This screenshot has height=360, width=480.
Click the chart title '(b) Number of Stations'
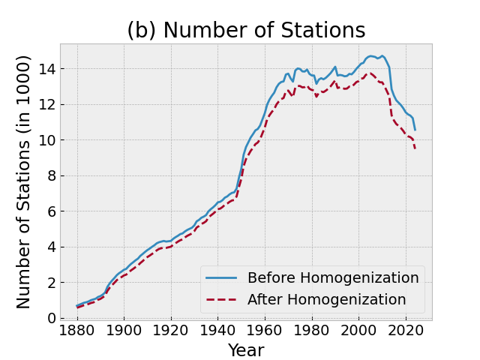[x=246, y=31]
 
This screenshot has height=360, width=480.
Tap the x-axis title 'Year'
[x=246, y=350]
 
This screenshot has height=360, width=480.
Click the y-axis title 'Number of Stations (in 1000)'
[x=24, y=181]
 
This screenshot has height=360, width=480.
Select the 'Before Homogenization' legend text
[x=333, y=277]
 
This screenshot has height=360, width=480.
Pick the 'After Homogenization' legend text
[x=326, y=299]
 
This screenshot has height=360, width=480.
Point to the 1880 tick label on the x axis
[x=77, y=331]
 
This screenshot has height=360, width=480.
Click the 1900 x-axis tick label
[x=124, y=331]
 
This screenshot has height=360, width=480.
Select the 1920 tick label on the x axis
[x=171, y=331]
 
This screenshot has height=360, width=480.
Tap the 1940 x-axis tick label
[x=217, y=331]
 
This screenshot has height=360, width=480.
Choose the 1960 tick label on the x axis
[x=265, y=331]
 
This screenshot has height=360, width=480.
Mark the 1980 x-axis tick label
[x=311, y=331]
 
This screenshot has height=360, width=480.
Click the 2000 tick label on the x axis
[x=358, y=331]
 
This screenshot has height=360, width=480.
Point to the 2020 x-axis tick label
[x=405, y=331]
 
